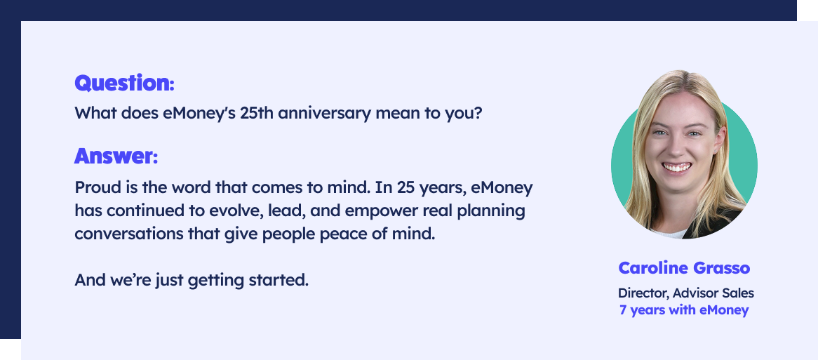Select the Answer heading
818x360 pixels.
[x=116, y=156]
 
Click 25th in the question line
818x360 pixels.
[x=257, y=113]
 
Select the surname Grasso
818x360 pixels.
[x=721, y=268]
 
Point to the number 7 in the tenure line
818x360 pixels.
[x=623, y=310]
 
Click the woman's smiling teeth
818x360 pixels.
[x=677, y=168]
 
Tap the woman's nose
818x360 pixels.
[x=675, y=147]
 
